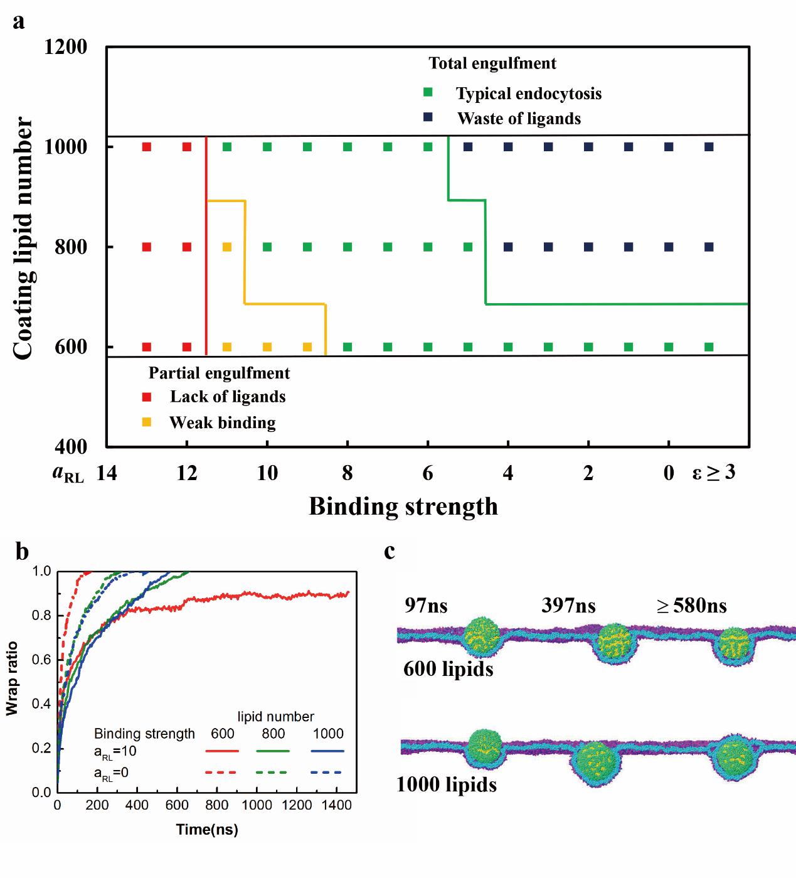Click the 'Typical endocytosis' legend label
point(528,94)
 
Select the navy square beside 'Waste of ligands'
point(428,118)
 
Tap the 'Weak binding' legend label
point(222,422)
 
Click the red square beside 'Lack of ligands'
point(147,397)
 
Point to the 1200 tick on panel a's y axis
point(66,47)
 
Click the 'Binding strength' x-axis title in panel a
point(403,506)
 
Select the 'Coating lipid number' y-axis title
point(23,238)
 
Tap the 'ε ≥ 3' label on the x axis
point(714,472)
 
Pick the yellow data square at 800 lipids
point(227,247)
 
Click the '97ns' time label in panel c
point(427,606)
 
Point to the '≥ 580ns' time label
point(691,606)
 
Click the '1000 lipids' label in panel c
point(447,784)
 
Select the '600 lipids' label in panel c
point(448,669)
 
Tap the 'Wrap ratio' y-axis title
point(11,678)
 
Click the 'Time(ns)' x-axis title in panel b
point(207,830)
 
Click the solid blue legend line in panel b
point(327,751)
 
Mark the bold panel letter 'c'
point(390,551)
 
